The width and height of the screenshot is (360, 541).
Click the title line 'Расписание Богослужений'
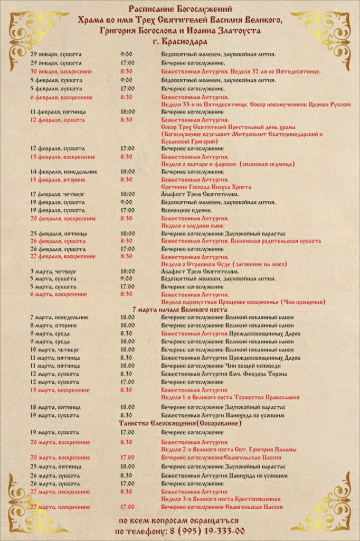[180, 9]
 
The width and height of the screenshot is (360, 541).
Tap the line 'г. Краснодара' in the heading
[179, 41]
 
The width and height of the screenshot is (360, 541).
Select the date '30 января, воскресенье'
[56, 71]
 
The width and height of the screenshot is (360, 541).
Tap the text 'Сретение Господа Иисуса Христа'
[206, 187]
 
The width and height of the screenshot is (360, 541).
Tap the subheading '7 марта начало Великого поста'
[179, 309]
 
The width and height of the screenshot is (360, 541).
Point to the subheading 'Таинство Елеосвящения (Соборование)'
[180, 424]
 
